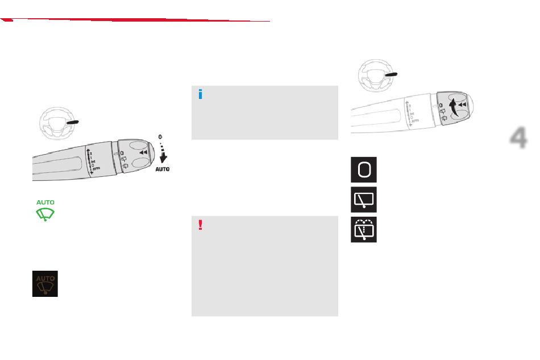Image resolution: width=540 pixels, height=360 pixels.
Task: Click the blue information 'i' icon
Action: coord(200,94)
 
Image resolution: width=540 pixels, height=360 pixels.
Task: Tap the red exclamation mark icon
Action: coord(200,225)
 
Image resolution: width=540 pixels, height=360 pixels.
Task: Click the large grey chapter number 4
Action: coord(518,138)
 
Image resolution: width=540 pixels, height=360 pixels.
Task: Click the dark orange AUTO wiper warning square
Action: coord(45,283)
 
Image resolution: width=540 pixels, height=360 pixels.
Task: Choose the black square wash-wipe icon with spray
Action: coord(363,230)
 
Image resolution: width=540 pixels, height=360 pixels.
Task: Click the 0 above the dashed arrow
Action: coord(161,136)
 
